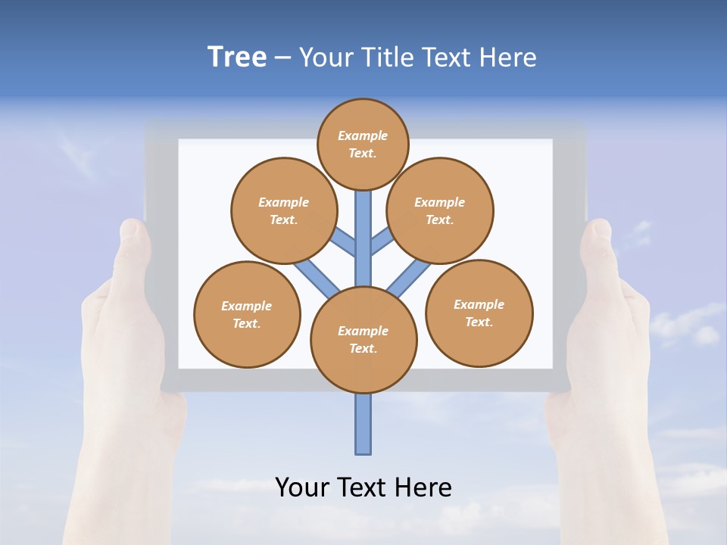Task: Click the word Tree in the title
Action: point(237,57)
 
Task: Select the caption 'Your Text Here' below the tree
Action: point(363,487)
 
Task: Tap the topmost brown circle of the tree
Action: point(363,144)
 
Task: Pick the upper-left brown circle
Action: point(283,210)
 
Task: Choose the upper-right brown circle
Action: point(440,210)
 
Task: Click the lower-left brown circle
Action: point(247,314)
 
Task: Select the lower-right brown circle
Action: point(479,313)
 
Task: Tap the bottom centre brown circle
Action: point(363,340)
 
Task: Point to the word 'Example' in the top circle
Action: point(363,135)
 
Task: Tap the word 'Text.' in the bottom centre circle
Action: point(363,348)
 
